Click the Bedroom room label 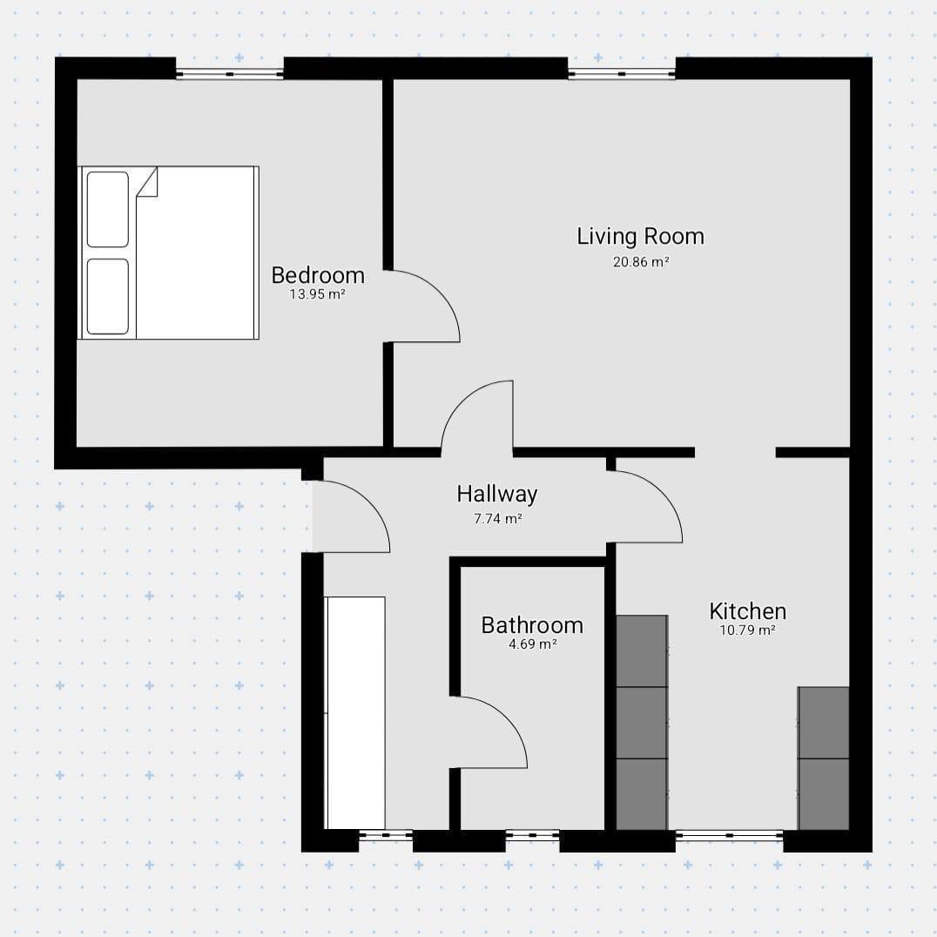pos(318,275)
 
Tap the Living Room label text pos(641,237)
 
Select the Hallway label pos(497,495)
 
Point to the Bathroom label pos(532,625)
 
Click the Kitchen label pos(747,611)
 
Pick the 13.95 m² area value pos(318,294)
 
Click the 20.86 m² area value pos(641,262)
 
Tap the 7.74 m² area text pos(498,519)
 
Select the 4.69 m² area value pos(532,644)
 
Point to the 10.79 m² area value pos(747,630)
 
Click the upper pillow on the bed pos(108,209)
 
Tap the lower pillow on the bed pos(108,296)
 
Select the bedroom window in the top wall pos(230,74)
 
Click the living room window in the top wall pos(622,74)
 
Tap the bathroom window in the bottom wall pos(532,835)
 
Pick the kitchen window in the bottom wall pos(730,835)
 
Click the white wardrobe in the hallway pos(355,712)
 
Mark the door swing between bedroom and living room pos(441,293)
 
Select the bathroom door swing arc pos(509,719)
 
